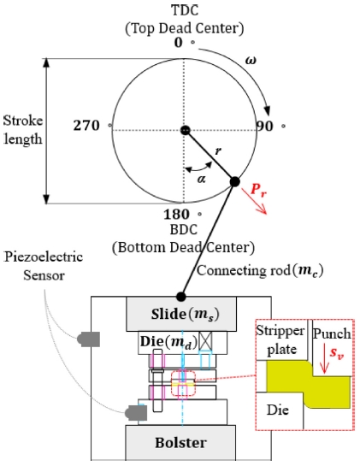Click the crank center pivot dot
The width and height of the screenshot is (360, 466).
coord(185,130)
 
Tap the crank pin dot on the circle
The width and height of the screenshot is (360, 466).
coord(234,181)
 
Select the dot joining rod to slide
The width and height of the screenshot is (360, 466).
coord(180,297)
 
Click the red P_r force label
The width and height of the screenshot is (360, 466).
coord(258,190)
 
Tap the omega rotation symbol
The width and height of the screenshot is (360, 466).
coord(251,61)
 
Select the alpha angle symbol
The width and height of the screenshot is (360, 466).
coord(201,179)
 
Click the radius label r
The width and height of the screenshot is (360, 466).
coord(218,151)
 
